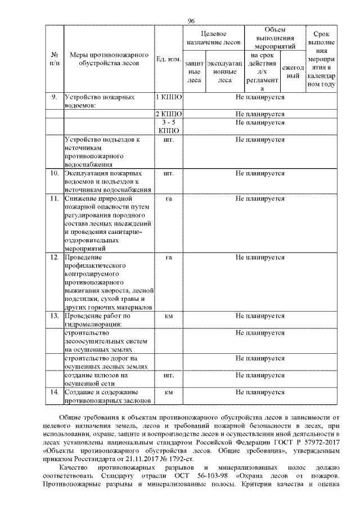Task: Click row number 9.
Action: [x=55, y=97]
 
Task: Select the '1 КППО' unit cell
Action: [x=168, y=97]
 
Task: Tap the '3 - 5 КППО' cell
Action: [x=168, y=126]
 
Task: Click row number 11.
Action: [x=55, y=199]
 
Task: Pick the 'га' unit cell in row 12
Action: [x=168, y=257]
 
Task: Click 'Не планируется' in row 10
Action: [x=260, y=173]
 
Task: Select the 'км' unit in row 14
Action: [x=168, y=392]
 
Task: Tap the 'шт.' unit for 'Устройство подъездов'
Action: [x=168, y=139]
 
